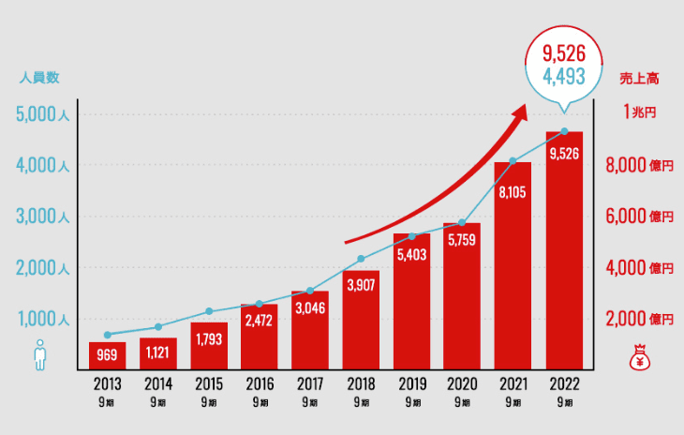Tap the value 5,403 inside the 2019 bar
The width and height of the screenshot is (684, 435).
pos(411,254)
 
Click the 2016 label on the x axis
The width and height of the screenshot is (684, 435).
pos(260,384)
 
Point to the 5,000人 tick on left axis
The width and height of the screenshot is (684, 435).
pos(42,115)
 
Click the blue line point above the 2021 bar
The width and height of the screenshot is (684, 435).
pos(513,161)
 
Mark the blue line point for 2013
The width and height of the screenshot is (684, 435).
pos(108,335)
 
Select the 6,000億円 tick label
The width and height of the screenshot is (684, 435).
pos(641,217)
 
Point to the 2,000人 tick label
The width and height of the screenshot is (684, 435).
pos(42,268)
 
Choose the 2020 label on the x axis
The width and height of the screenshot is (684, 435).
pos(462,384)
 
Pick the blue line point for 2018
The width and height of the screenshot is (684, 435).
pos(361,259)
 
